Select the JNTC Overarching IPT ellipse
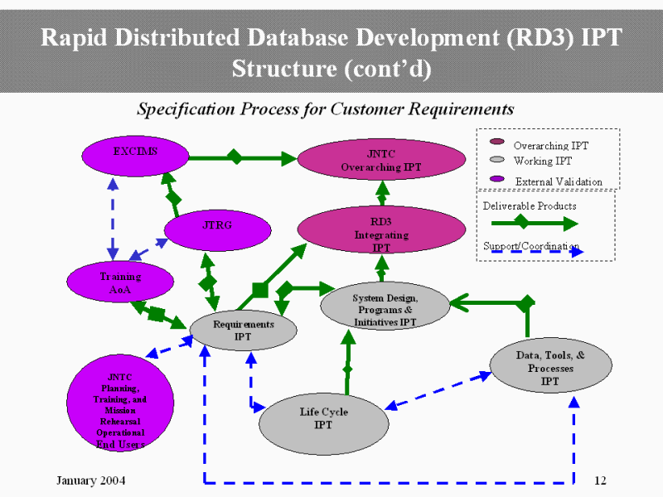pyautogui.click(x=381, y=160)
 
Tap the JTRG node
pyautogui.click(x=217, y=226)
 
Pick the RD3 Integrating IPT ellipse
pyautogui.click(x=381, y=230)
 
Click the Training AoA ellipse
pyautogui.click(x=120, y=283)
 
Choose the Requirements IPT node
pyautogui.click(x=243, y=330)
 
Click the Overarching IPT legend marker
pyautogui.click(x=497, y=145)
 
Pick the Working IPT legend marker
pyautogui.click(x=497, y=161)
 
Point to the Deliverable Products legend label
pyautogui.click(x=530, y=205)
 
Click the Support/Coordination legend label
pyautogui.click(x=530, y=247)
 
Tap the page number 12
pyautogui.click(x=602, y=481)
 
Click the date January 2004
pyautogui.click(x=90, y=481)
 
